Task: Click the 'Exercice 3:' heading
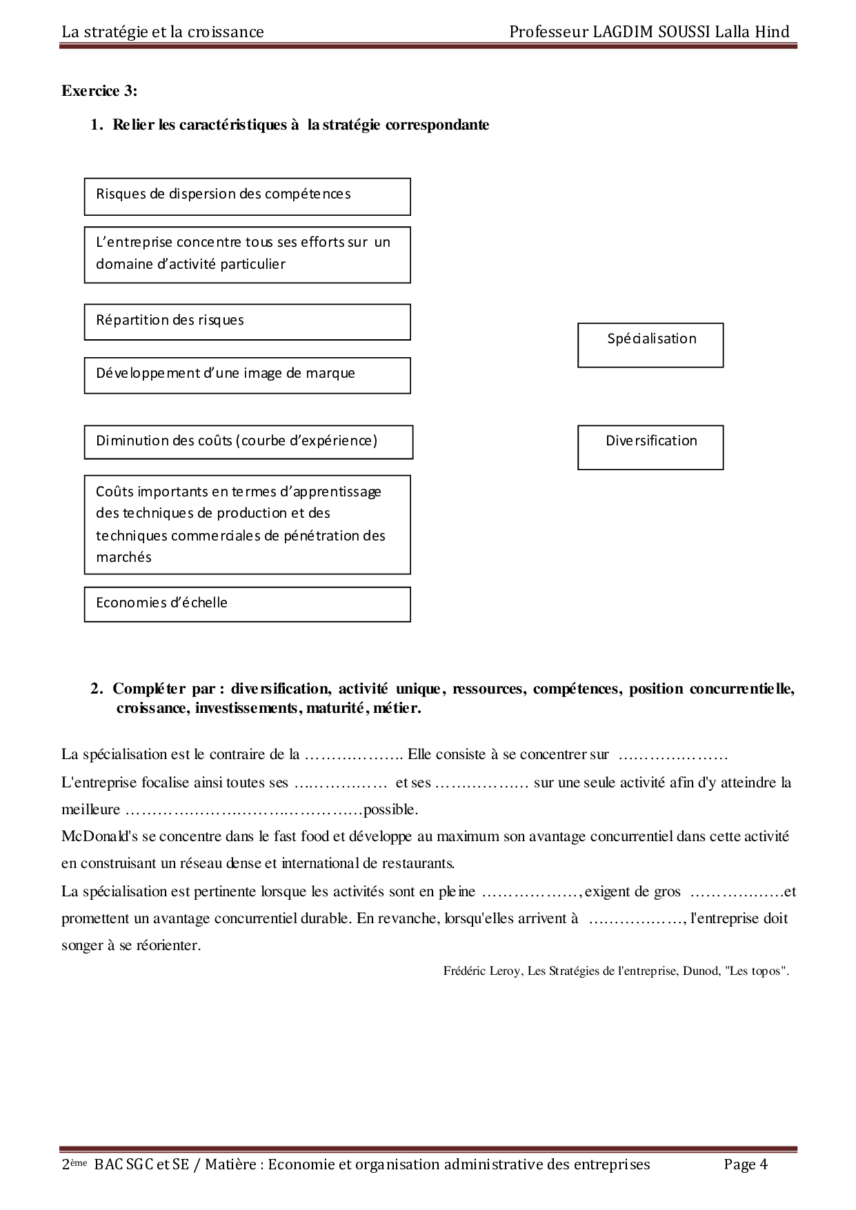click(99, 91)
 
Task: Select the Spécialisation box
click(650, 345)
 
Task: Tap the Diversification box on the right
click(650, 447)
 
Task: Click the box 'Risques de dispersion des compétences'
click(247, 196)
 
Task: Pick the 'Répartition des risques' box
click(247, 322)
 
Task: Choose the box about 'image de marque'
click(247, 375)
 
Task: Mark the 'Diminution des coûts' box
click(248, 442)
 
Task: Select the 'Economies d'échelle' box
click(247, 604)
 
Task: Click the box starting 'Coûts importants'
click(247, 524)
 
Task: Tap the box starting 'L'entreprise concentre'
click(247, 254)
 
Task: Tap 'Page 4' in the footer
click(746, 1164)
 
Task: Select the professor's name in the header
click(649, 32)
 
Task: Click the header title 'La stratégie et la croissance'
click(163, 32)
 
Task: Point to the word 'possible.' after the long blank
click(390, 809)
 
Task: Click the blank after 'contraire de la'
click(352, 754)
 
